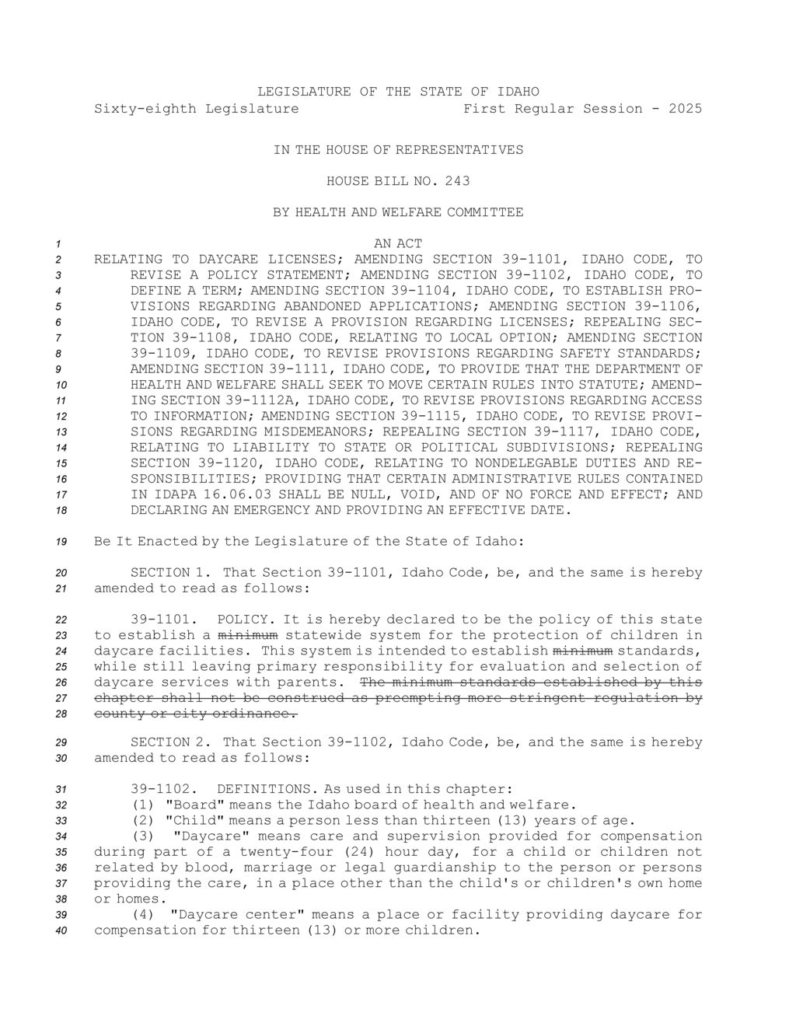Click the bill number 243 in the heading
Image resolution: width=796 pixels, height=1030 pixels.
click(x=457, y=181)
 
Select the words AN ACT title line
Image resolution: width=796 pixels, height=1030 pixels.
click(x=398, y=244)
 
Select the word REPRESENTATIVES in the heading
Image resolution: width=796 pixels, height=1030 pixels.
click(x=459, y=150)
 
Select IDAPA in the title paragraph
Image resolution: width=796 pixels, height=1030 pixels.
click(x=169, y=494)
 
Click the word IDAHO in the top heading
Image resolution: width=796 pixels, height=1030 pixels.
click(x=518, y=92)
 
